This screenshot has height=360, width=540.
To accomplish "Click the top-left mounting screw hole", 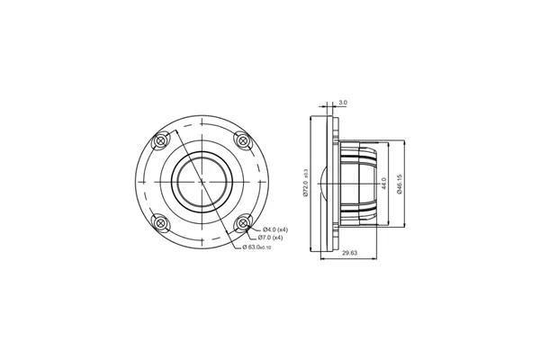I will (161, 140).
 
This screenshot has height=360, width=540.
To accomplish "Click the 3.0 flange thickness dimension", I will (343, 103).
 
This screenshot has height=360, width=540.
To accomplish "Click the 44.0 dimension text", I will (385, 184).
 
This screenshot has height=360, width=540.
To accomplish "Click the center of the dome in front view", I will (202, 181).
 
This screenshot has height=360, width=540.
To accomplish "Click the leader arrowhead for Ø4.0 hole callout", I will (246, 225).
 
